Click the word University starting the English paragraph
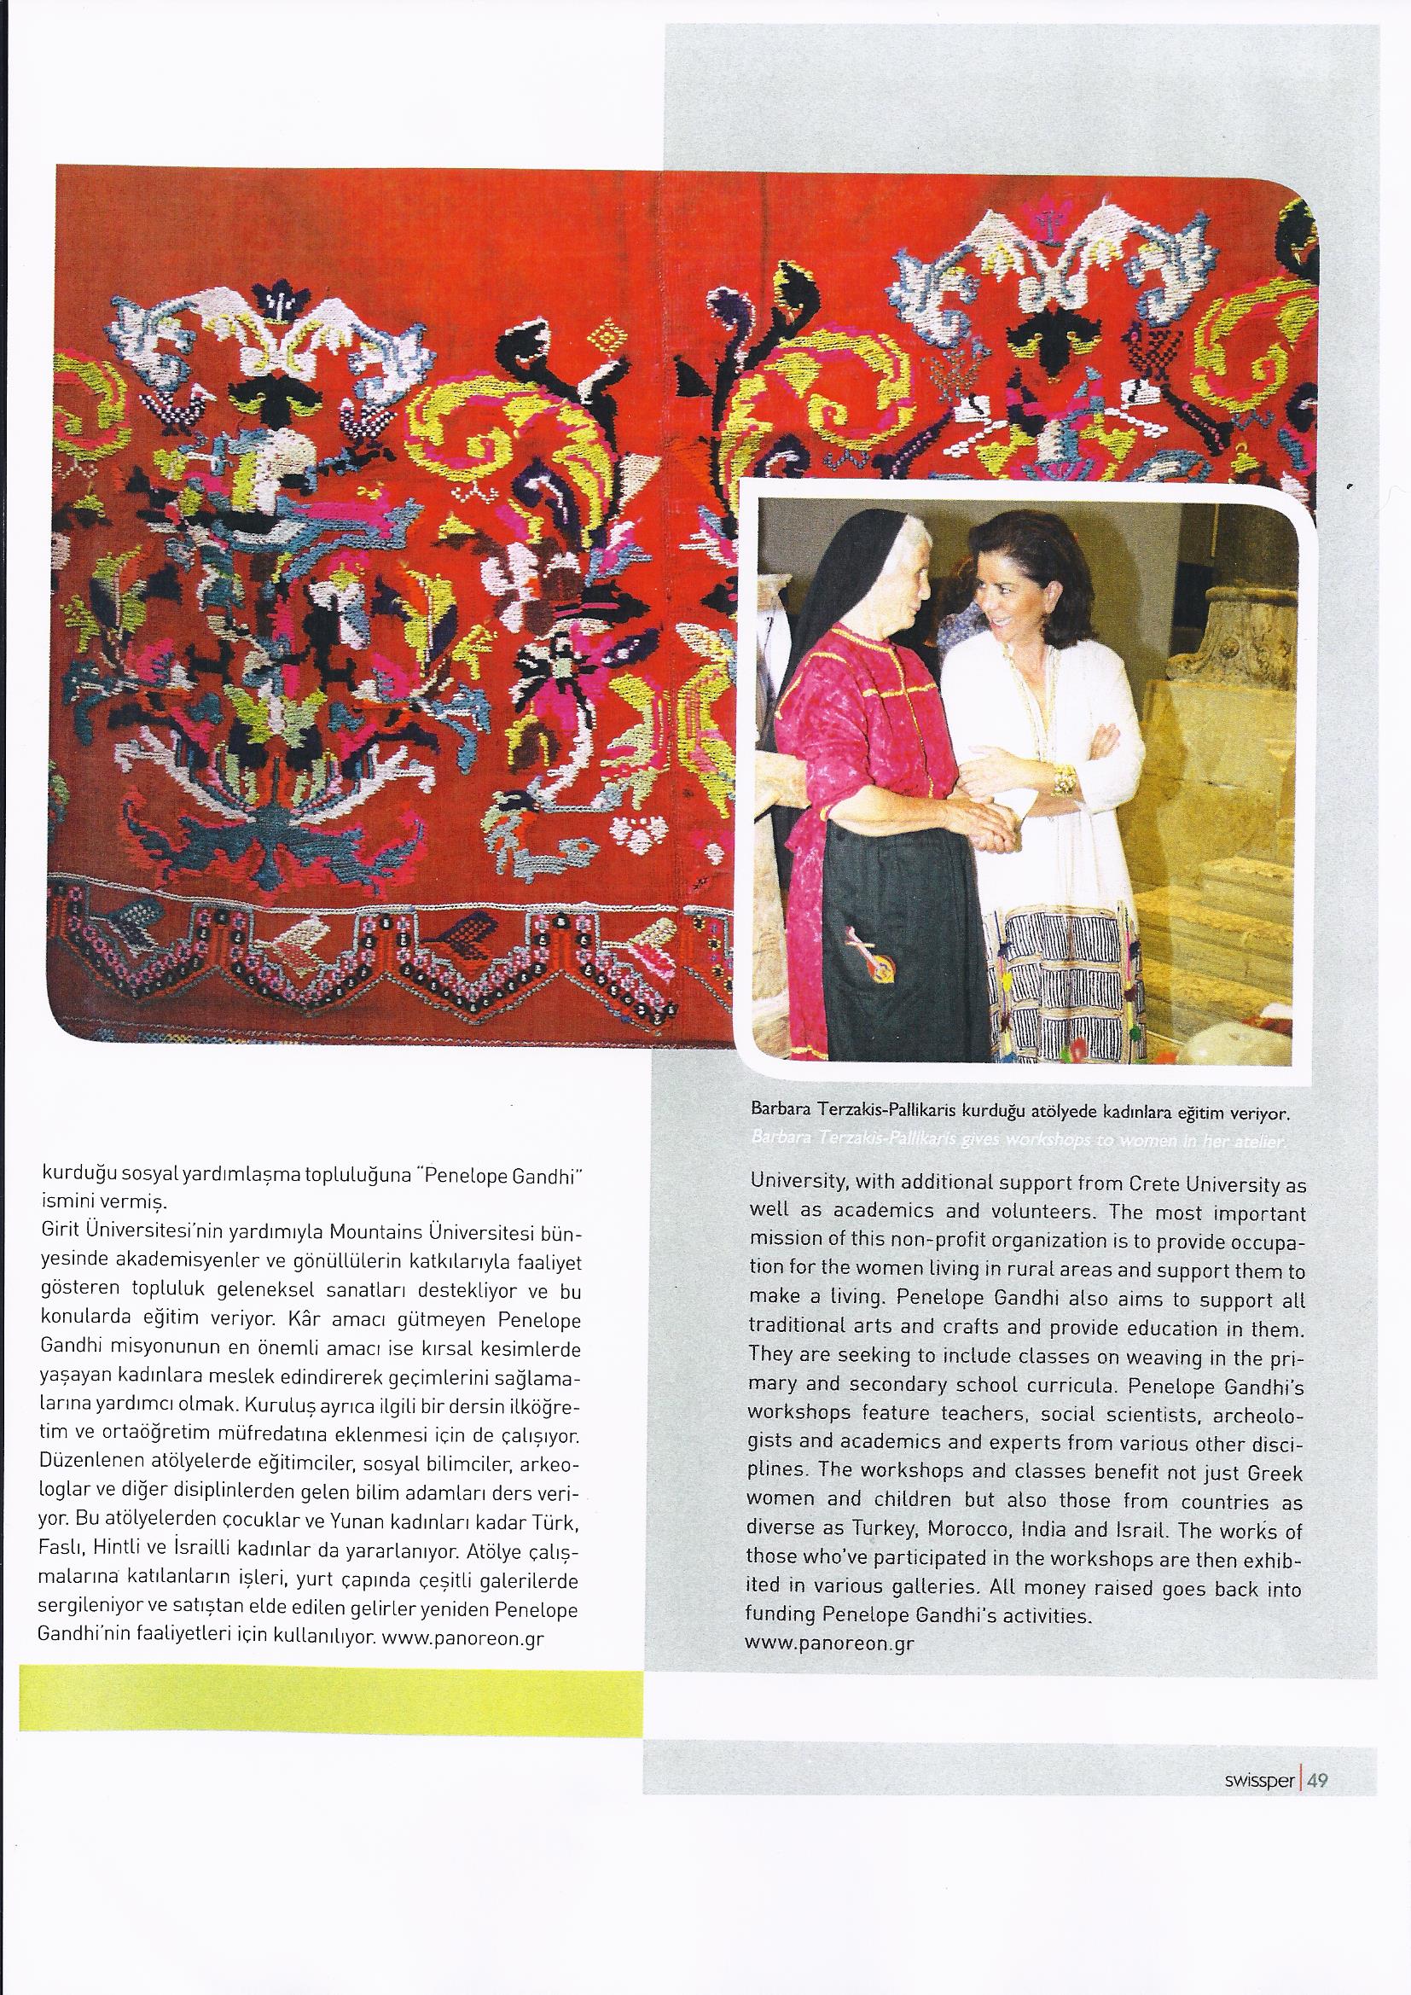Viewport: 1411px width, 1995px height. click(791, 1184)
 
